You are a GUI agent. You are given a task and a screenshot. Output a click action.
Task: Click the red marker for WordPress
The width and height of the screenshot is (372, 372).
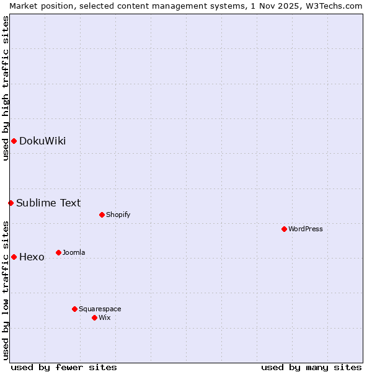coord(284,229)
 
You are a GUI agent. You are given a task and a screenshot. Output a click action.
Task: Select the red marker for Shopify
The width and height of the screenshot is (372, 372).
coord(102,215)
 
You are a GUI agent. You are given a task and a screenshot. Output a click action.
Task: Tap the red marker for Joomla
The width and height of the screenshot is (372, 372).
coord(58,252)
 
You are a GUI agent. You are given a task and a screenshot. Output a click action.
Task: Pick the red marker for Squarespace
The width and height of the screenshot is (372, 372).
coord(74,309)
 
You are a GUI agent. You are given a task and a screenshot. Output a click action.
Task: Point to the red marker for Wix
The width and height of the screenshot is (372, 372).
coord(94,317)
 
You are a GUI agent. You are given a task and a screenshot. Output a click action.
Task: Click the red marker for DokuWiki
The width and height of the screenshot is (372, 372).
coord(14,141)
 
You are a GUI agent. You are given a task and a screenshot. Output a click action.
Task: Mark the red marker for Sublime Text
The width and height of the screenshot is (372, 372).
coord(11,203)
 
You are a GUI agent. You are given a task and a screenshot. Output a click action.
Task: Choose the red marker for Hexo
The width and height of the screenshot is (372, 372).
coord(14,257)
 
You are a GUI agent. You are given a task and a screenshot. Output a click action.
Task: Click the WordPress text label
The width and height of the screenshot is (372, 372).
coord(306,229)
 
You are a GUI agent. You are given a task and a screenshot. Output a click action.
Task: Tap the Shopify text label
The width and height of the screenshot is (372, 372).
coord(118,215)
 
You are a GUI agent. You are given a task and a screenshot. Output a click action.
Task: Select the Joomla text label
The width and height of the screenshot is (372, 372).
coord(74,252)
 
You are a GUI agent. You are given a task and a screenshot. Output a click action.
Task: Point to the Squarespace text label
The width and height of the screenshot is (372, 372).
coord(100,309)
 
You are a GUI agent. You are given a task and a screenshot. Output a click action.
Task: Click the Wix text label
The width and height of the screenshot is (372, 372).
coord(104,317)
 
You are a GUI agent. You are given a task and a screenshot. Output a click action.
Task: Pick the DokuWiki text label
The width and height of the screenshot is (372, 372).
coord(42,141)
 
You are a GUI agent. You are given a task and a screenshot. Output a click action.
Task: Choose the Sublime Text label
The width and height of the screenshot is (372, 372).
coord(48,203)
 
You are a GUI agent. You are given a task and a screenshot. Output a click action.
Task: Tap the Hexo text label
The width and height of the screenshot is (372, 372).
coord(32,257)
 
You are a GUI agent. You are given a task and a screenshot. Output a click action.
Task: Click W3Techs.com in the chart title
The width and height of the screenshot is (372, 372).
coord(337,6)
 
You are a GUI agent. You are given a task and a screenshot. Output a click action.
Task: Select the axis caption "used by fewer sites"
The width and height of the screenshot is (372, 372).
coord(64,367)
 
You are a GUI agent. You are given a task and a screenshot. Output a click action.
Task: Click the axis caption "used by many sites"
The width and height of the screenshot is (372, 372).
coord(311,367)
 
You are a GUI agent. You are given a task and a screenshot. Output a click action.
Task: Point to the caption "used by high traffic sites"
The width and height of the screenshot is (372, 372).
coord(6,88)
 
